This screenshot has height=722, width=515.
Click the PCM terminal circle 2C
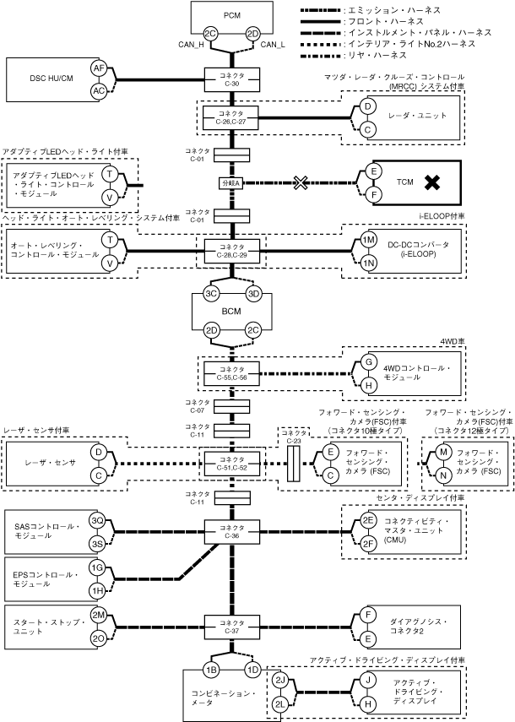click(211, 34)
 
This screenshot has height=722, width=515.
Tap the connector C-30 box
click(232, 79)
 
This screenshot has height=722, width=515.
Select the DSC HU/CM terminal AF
click(99, 68)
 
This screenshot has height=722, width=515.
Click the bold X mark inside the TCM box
click(431, 182)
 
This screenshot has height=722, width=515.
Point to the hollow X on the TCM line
click(300, 182)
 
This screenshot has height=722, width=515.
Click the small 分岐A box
click(231, 182)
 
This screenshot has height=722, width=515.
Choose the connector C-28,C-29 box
click(232, 251)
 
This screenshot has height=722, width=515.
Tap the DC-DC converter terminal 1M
click(368, 240)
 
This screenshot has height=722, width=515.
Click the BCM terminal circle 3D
click(253, 294)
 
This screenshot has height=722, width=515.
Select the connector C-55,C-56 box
click(232, 373)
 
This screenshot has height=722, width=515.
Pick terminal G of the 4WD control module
click(368, 362)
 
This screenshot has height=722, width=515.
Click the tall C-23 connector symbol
click(293, 464)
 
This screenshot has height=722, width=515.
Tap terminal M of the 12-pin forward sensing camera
click(443, 452)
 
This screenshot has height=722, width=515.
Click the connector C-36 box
click(232, 532)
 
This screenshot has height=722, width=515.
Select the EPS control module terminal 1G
click(96, 567)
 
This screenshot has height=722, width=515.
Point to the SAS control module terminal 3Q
click(96, 520)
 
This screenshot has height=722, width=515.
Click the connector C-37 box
click(232, 627)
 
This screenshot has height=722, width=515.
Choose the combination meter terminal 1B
click(211, 670)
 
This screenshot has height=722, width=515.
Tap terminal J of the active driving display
click(368, 680)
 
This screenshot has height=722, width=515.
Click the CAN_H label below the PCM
click(191, 45)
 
